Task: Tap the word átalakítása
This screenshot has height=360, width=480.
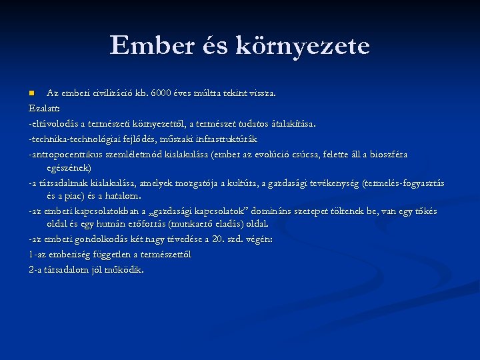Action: click(x=291, y=123)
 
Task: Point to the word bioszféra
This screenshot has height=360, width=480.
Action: click(x=385, y=155)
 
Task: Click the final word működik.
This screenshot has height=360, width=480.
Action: click(x=125, y=270)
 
